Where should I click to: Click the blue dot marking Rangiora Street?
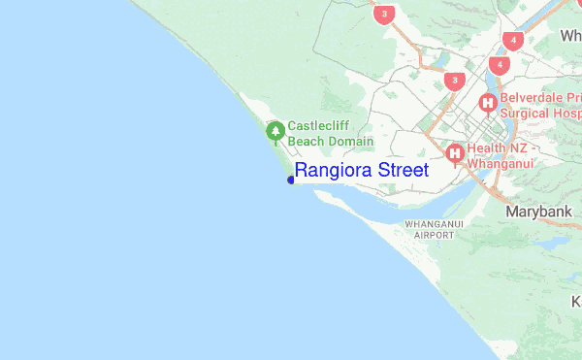291,180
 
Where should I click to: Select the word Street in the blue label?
403,171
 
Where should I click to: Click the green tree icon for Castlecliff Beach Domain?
275,129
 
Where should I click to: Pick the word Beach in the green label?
307,142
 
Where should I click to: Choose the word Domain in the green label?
350,142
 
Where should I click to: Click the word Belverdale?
535,97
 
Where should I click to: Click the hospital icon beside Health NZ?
454,152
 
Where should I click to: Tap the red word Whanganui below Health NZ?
502,164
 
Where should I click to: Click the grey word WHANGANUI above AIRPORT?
434,224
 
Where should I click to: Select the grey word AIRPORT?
434,235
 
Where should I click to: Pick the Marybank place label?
535,211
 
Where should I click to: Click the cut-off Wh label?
570,36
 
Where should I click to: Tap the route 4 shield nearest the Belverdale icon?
499,65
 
